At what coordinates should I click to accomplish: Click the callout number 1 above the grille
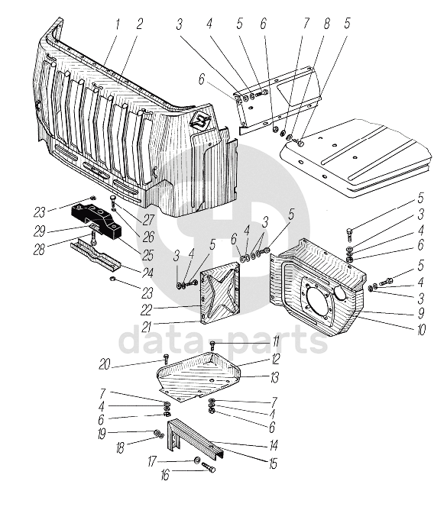pos(118,24)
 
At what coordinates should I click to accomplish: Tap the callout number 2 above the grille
pos(140,24)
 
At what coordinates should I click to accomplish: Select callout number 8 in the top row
pos(326,24)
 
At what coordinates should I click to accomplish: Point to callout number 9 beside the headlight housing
pos(420,313)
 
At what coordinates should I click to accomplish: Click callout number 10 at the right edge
pos(422,330)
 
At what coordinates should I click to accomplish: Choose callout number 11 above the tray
pos(275,342)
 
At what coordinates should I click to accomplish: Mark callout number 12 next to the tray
pos(275,359)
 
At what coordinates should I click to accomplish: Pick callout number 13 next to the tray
pos(274,377)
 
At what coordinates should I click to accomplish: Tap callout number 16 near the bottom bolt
pos(165,475)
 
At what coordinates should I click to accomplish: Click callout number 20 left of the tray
pos(105,365)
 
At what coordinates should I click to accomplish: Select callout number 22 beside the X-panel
pos(146,311)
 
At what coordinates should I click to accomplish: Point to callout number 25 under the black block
pos(147,256)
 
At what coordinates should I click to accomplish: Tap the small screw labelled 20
pos(166,358)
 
